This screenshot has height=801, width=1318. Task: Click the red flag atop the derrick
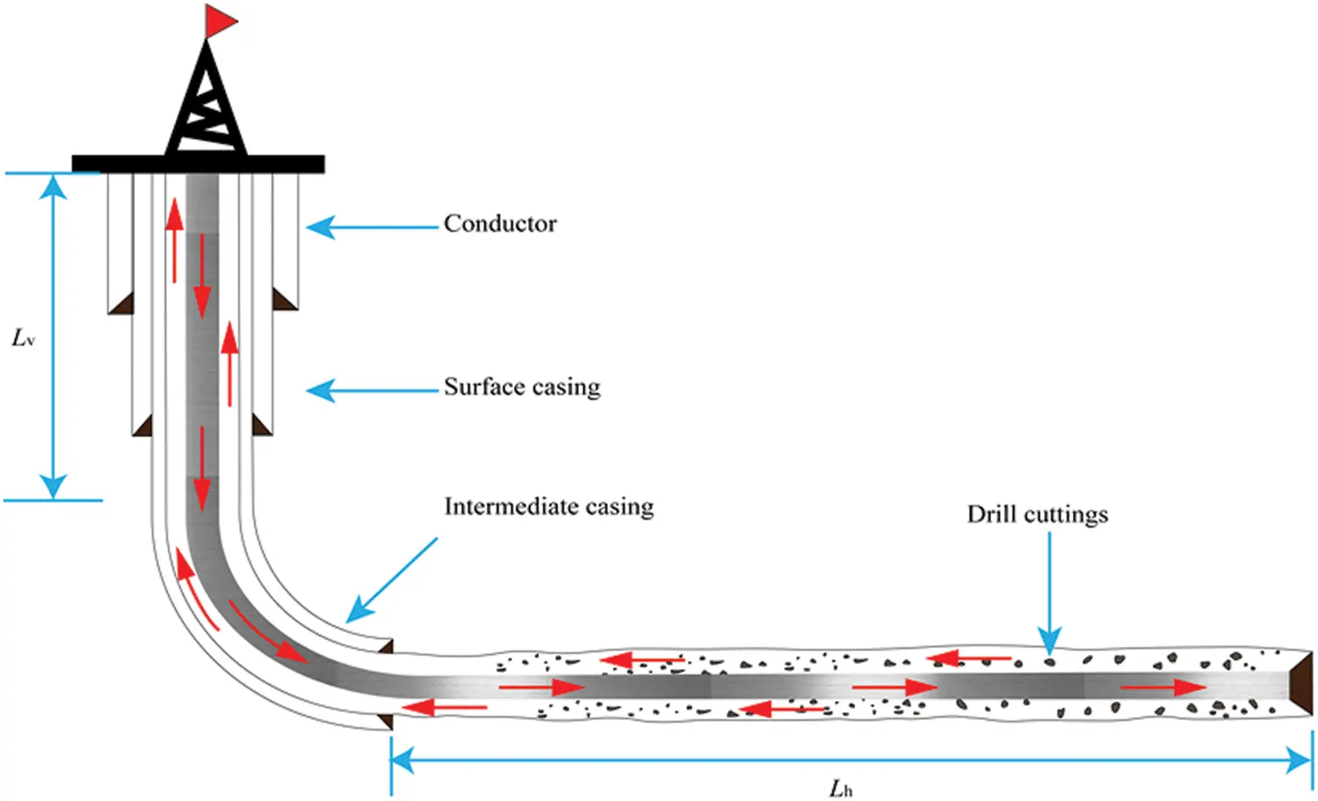click(x=220, y=21)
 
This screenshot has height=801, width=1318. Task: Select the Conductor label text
click(x=500, y=224)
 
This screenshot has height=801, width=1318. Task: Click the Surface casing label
click(x=522, y=387)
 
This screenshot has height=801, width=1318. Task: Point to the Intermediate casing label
click(x=549, y=506)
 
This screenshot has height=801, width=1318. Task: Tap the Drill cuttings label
click(x=1038, y=514)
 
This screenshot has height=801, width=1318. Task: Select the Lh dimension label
click(x=841, y=788)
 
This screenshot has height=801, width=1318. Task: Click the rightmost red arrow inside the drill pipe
click(x=1164, y=687)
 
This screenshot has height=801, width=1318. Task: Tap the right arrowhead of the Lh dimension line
click(x=1302, y=760)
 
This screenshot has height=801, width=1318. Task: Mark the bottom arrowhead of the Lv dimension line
click(x=54, y=486)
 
